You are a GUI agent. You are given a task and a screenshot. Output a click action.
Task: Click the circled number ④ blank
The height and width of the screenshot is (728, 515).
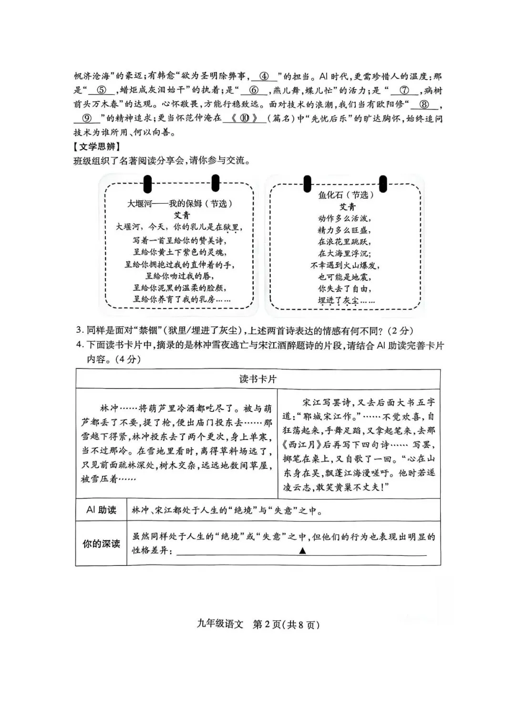coord(264,76)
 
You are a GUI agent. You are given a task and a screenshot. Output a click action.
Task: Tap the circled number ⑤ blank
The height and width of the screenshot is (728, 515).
coord(101,90)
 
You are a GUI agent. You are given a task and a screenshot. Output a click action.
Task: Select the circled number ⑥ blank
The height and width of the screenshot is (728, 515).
coord(254,90)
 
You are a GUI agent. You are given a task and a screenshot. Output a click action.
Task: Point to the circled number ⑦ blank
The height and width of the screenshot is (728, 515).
coord(404,90)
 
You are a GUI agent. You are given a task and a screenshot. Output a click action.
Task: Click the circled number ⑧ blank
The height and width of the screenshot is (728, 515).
coord(423,104)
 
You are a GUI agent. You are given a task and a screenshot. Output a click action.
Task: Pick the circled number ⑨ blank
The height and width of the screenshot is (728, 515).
coord(87,118)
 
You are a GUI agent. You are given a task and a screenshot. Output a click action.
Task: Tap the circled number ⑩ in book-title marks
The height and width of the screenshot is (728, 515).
coord(245,118)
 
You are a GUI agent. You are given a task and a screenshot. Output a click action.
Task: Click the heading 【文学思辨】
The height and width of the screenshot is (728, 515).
coord(97,146)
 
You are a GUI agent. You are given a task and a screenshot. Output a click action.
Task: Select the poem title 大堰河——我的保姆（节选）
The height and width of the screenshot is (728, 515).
coord(179,204)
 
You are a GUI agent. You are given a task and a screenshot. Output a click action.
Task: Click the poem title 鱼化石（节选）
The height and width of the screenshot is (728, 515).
coord(346,195)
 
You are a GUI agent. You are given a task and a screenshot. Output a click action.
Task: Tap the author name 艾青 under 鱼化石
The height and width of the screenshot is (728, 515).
coord(347,206)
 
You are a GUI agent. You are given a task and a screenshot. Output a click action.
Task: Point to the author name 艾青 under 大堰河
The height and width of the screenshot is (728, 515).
coord(181,215)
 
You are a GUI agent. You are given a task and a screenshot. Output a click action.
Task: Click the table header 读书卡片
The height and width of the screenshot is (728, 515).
coord(257,379)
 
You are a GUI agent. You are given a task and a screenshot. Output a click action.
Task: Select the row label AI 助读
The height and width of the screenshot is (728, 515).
coord(101,510)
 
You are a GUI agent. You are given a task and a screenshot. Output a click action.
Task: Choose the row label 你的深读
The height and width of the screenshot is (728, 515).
coord(101,544)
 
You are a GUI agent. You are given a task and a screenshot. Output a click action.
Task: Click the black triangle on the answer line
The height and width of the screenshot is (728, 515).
coord(302,551)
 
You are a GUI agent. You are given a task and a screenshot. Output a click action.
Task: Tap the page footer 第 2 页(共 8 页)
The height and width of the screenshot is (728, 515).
coord(285,625)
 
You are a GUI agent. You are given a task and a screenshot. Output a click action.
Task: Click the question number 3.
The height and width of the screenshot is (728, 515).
coord(80,330)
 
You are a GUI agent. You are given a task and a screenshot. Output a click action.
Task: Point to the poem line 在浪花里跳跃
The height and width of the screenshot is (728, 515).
coord(344,242)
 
